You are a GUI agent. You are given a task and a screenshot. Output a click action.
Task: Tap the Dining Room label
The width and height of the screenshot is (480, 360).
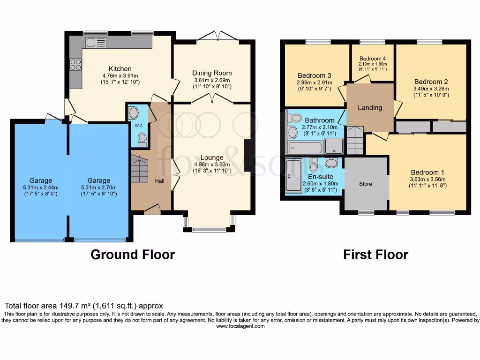tap(212, 73)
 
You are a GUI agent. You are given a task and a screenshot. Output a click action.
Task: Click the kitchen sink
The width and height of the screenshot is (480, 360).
tap(97, 43)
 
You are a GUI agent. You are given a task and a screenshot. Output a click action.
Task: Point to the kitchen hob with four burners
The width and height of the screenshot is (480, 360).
tap(75, 65)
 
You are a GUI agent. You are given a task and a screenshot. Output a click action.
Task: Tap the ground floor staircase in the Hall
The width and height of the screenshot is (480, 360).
tap(139, 169)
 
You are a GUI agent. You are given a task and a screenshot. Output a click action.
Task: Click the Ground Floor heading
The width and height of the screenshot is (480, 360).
tap(132, 255)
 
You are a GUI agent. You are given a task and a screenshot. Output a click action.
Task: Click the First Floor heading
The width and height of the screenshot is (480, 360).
tap(375, 255)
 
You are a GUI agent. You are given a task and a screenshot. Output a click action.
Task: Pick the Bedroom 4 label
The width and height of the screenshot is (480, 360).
tap(372, 58)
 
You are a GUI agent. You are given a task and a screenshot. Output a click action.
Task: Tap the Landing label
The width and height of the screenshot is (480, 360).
tap(370, 108)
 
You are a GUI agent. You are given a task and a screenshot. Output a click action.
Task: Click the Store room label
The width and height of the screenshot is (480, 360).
tap(366, 184)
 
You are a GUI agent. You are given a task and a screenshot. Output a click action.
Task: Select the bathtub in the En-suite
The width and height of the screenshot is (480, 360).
tap(294, 177)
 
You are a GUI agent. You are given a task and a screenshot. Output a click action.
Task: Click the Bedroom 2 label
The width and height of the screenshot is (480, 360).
tap(427, 82)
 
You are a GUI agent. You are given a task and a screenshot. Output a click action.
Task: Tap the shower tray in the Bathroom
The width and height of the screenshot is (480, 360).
tap(334, 147)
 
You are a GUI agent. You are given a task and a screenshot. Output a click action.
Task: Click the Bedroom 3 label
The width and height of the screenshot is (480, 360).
tap(315, 75)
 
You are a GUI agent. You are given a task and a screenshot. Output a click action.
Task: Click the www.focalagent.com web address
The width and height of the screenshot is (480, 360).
tap(240, 326)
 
